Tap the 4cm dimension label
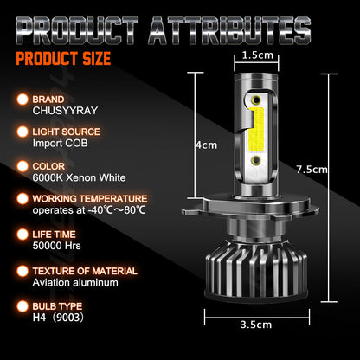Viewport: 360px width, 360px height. tap(205, 145)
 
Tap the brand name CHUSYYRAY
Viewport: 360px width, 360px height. tap(63, 109)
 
